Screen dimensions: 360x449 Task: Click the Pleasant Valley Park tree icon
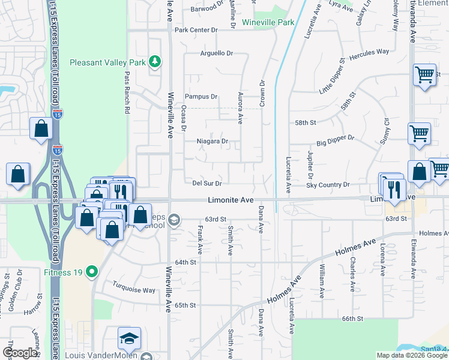pyautogui.click(x=155, y=62)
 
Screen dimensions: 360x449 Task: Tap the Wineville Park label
pyautogui.click(x=268, y=23)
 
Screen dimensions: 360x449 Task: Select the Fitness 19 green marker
pyautogui.click(x=91, y=272)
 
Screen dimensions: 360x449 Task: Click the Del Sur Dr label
pyautogui.click(x=207, y=183)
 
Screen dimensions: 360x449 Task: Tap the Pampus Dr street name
pyautogui.click(x=201, y=97)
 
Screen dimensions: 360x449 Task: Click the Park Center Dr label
pyautogui.click(x=196, y=30)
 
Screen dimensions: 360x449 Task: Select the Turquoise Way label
pyautogui.click(x=134, y=290)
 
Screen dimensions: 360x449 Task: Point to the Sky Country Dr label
pyautogui.click(x=328, y=185)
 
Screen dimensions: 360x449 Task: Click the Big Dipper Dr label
pyautogui.click(x=336, y=145)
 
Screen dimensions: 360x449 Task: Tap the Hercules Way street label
pyautogui.click(x=370, y=52)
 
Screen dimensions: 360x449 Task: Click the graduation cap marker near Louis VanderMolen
pyautogui.click(x=129, y=339)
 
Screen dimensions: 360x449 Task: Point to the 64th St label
pyautogui.click(x=186, y=262)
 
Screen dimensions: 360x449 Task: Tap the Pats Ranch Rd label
pyautogui.click(x=127, y=93)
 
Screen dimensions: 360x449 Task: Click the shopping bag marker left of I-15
pyautogui.click(x=40, y=128)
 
